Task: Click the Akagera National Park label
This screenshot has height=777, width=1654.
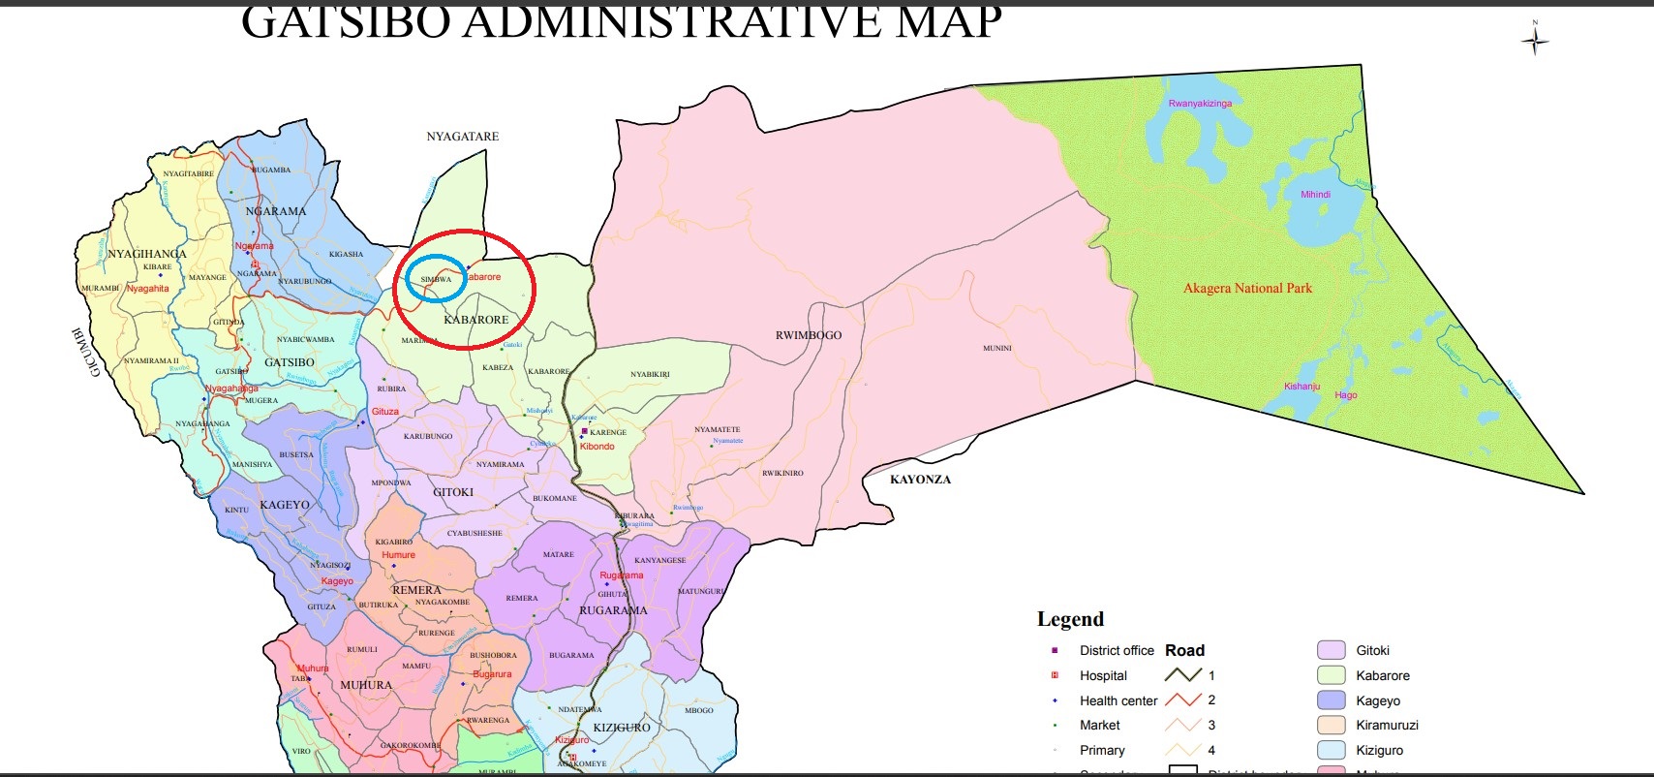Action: (x=1247, y=288)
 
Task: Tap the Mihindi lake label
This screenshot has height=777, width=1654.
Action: (x=1314, y=195)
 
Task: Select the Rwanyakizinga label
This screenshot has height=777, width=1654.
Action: (x=1200, y=104)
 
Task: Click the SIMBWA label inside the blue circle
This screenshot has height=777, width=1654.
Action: (x=436, y=279)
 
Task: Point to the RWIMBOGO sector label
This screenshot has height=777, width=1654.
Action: (x=809, y=335)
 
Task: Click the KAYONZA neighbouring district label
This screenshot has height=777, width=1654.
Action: (x=920, y=480)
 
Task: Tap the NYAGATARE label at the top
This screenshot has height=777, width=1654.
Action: (x=463, y=137)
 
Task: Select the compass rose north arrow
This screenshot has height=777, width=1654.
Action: (x=1535, y=41)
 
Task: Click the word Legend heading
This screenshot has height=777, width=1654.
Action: (x=1070, y=619)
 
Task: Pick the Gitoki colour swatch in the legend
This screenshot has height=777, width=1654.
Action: (x=1332, y=650)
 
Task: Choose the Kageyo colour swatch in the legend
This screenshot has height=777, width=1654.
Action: (x=1332, y=700)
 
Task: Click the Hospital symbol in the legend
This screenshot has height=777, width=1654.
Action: (x=1055, y=675)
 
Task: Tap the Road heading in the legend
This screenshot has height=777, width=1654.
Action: (x=1184, y=650)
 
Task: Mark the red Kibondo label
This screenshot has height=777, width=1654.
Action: (x=597, y=447)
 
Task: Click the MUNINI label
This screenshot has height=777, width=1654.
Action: (x=996, y=348)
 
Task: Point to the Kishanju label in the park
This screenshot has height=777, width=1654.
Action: (x=1302, y=387)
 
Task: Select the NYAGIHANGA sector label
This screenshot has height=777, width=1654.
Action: (x=147, y=254)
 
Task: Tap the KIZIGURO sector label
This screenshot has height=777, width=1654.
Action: (x=622, y=728)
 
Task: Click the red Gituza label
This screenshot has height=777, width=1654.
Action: (x=385, y=412)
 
